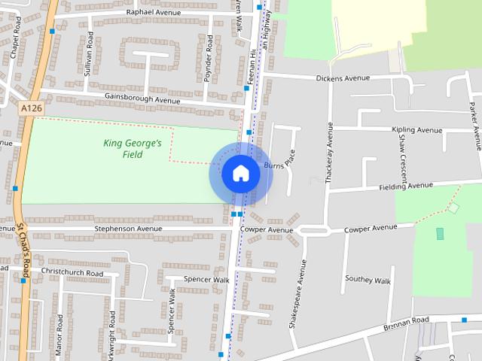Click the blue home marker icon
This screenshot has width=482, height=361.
pyautogui.click(x=240, y=173)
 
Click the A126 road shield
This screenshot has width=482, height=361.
pyautogui.click(x=31, y=109)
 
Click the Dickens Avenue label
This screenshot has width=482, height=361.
pyautogui.click(x=343, y=77)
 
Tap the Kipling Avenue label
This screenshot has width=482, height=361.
pyautogui.click(x=417, y=130)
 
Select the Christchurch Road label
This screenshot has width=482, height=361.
pyautogui.click(x=72, y=272)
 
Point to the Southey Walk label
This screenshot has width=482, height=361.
pyautogui.click(x=368, y=280)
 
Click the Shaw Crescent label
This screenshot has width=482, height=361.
pyautogui.click(x=402, y=153)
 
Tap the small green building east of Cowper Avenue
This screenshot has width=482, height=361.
pyautogui.click(x=440, y=234)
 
